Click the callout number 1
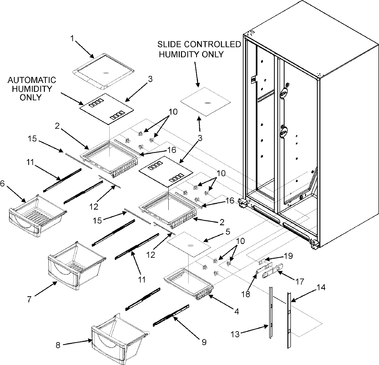(x=72, y=39)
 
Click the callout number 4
(x=236, y=311)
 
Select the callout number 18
(x=246, y=294)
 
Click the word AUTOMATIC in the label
(x=32, y=80)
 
